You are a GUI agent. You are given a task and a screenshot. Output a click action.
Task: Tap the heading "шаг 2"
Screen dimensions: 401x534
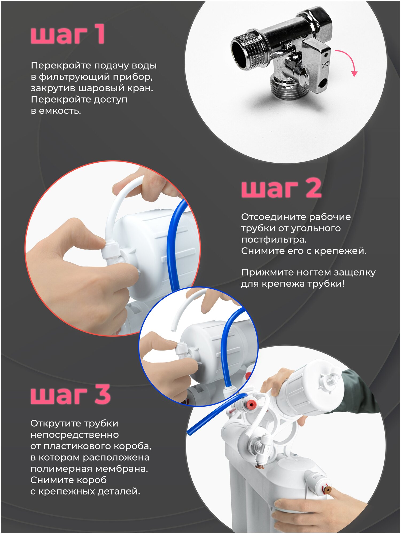click(281, 188)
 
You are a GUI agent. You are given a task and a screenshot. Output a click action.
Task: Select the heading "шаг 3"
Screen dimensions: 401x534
click(71, 394)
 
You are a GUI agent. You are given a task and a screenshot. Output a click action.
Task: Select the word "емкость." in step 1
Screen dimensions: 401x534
click(60, 111)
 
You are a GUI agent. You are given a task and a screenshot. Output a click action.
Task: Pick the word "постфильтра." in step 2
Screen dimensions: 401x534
click(274, 240)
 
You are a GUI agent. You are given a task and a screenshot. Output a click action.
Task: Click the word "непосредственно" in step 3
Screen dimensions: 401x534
click(75, 435)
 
